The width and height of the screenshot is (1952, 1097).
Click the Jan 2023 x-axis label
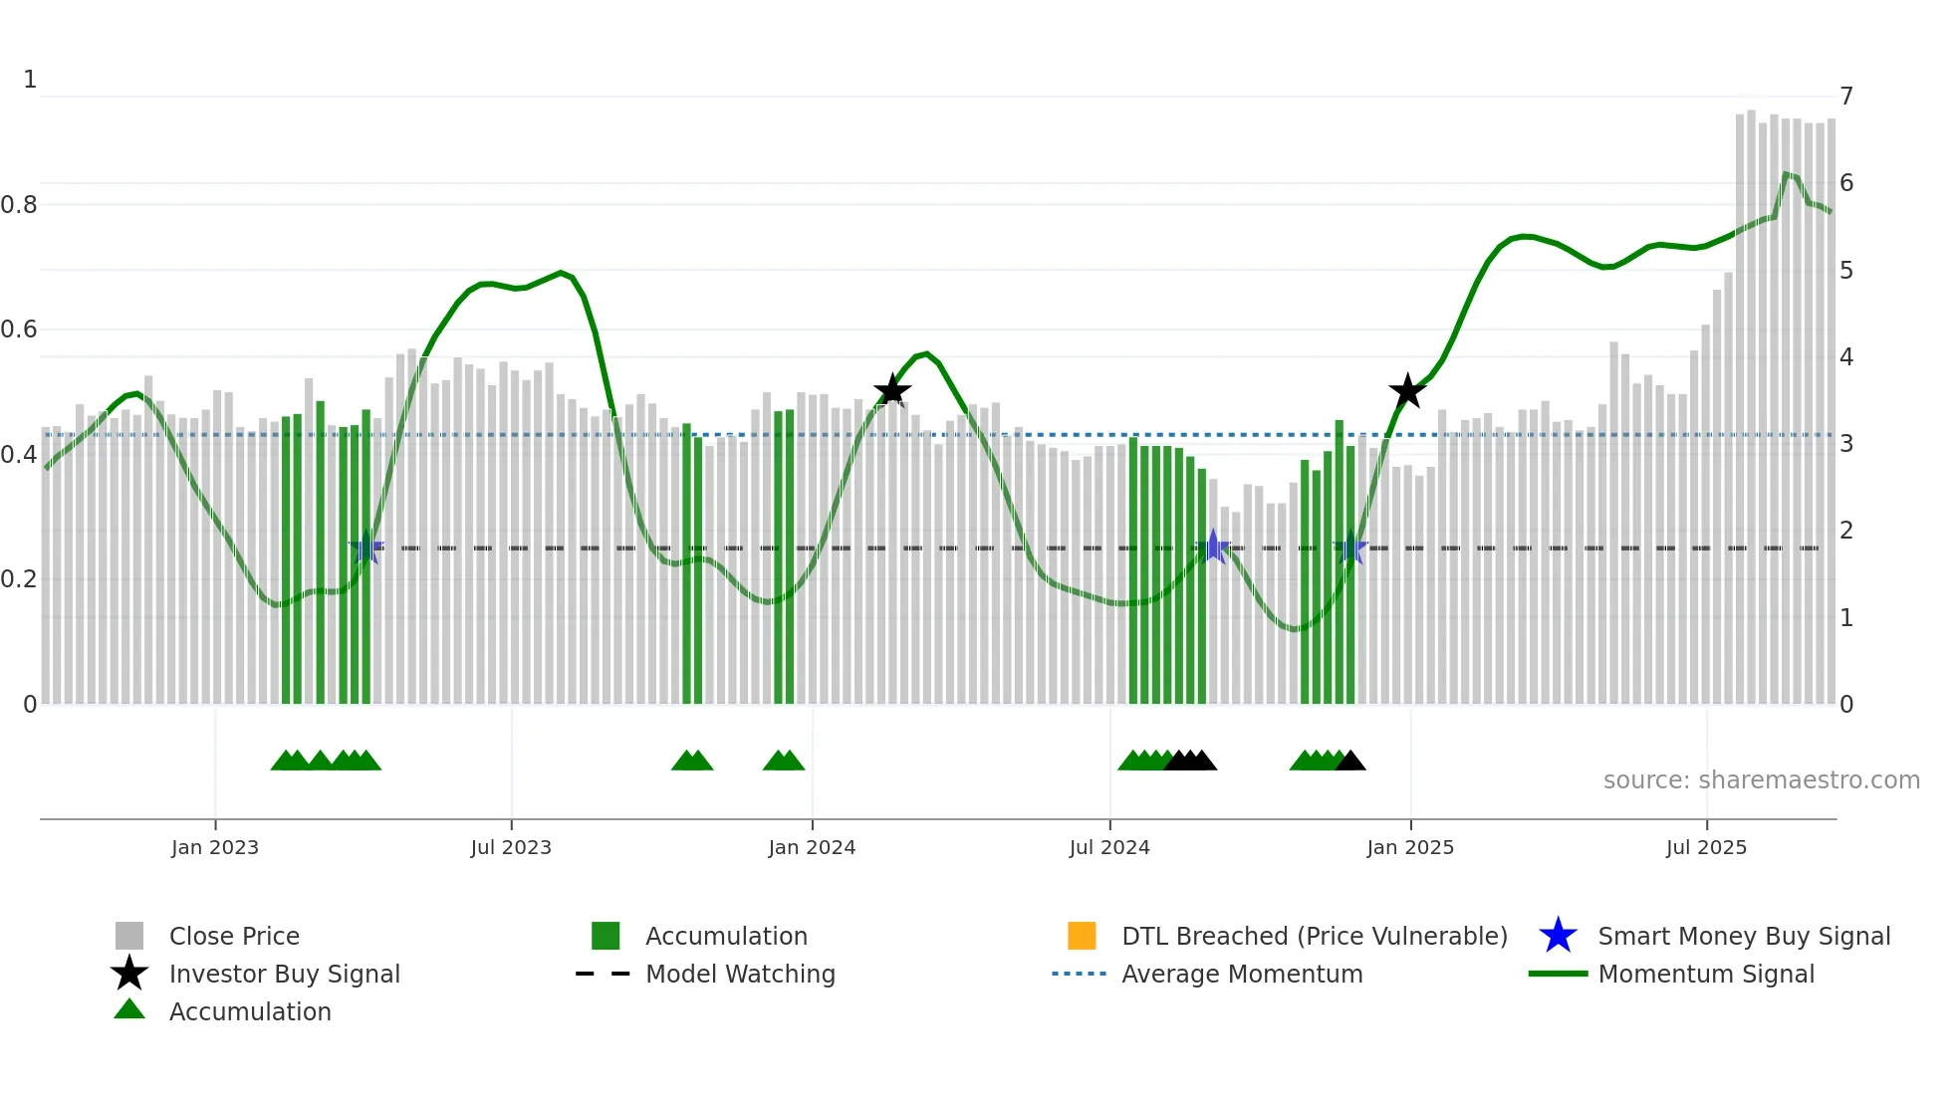(214, 847)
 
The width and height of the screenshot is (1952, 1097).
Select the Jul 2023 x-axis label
(511, 847)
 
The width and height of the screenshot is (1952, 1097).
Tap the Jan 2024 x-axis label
(812, 847)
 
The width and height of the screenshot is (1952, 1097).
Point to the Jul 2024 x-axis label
(1109, 847)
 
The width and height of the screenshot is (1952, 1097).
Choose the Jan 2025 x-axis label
(1410, 847)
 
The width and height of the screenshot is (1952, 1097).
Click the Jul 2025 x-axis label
(1706, 847)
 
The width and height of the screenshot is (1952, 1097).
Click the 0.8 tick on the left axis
(19, 205)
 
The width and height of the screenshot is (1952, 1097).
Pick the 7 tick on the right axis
(1846, 97)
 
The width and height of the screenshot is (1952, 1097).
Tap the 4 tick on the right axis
(1846, 357)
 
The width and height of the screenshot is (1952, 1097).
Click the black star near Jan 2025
(1407, 391)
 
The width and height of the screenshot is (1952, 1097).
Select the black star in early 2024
(891, 390)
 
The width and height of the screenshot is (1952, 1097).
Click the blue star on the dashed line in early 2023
(366, 548)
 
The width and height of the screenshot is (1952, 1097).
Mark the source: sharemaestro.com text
(1761, 780)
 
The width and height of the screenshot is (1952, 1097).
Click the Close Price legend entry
(234, 936)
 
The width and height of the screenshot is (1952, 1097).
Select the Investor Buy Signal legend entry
(284, 974)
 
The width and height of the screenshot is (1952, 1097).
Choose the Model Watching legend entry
(740, 974)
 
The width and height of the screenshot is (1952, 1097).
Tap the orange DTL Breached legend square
(1082, 936)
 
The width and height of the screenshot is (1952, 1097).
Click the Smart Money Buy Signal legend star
(1558, 936)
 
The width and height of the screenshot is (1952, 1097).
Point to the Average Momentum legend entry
(1242, 974)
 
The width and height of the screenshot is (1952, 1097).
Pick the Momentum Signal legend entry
(1706, 974)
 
